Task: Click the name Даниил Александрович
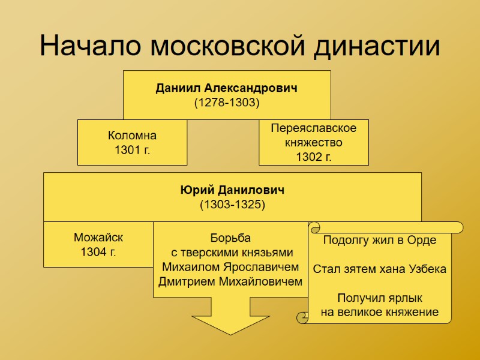pyautogui.click(x=227, y=88)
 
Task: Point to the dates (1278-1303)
pyautogui.click(x=227, y=103)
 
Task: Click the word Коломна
pyautogui.click(x=132, y=135)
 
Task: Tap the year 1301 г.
pyautogui.click(x=132, y=149)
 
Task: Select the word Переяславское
pyautogui.click(x=314, y=128)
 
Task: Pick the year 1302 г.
pyautogui.click(x=314, y=157)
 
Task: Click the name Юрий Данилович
pyautogui.click(x=232, y=190)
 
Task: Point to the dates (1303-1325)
pyautogui.click(x=232, y=204)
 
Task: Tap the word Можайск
pyautogui.click(x=98, y=237)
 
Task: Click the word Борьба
pyautogui.click(x=230, y=238)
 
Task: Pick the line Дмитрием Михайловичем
pyautogui.click(x=230, y=281)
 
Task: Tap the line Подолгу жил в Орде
pyautogui.click(x=380, y=241)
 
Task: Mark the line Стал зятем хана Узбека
pyautogui.click(x=380, y=269)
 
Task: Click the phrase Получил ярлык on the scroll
pyautogui.click(x=380, y=298)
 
